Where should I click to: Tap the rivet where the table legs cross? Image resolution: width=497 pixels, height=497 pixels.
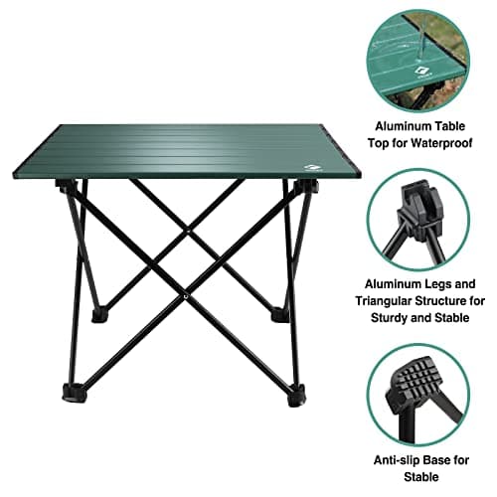[x=186, y=296]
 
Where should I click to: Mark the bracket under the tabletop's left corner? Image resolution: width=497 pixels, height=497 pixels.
[x=67, y=186]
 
